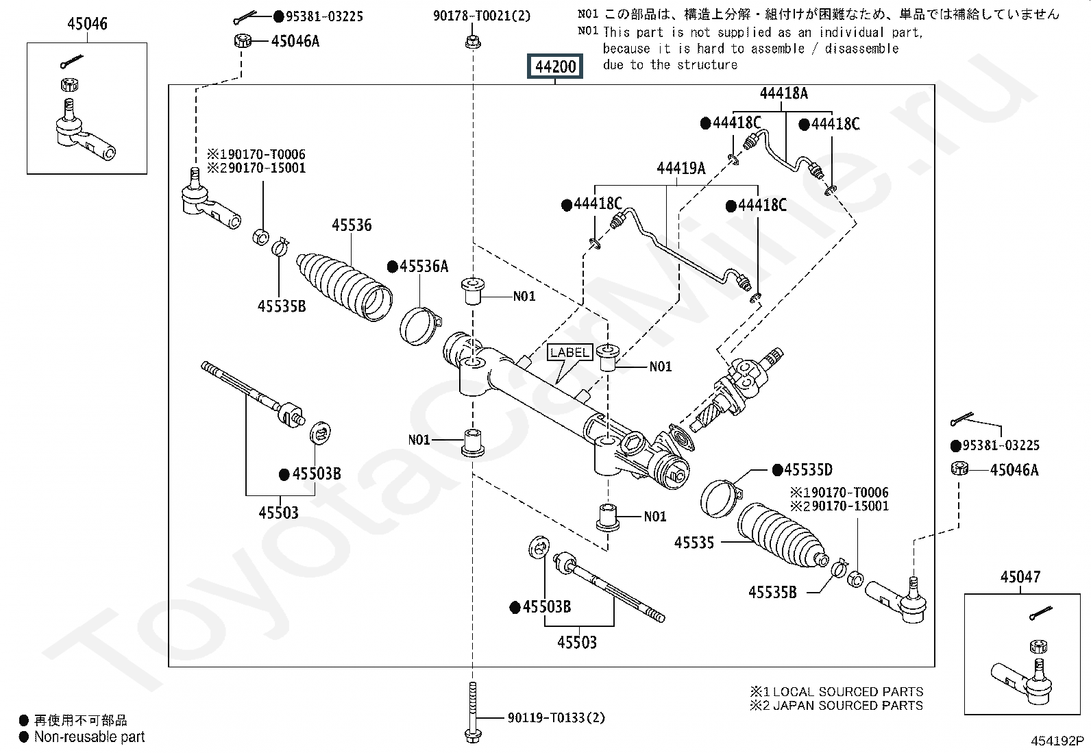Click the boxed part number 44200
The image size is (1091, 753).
tap(555, 67)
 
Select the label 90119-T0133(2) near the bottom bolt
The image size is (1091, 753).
tap(556, 718)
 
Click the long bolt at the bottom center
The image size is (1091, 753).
tap(472, 713)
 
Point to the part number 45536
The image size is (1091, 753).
tap(352, 225)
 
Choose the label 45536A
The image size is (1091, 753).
tap(424, 267)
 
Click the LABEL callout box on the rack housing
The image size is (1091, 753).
tap(569, 353)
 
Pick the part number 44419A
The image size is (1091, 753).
tap(681, 169)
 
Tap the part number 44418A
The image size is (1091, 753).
tap(783, 93)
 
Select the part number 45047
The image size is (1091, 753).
tap(1020, 577)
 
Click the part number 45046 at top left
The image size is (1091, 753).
tap(87, 25)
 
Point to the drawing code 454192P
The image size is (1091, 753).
tap(1058, 741)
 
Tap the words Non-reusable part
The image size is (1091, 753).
tap(90, 737)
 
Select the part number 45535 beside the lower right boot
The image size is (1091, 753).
tap(694, 543)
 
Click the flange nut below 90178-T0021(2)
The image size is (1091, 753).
tap(472, 42)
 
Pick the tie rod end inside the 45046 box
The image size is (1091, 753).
tap(82, 134)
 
